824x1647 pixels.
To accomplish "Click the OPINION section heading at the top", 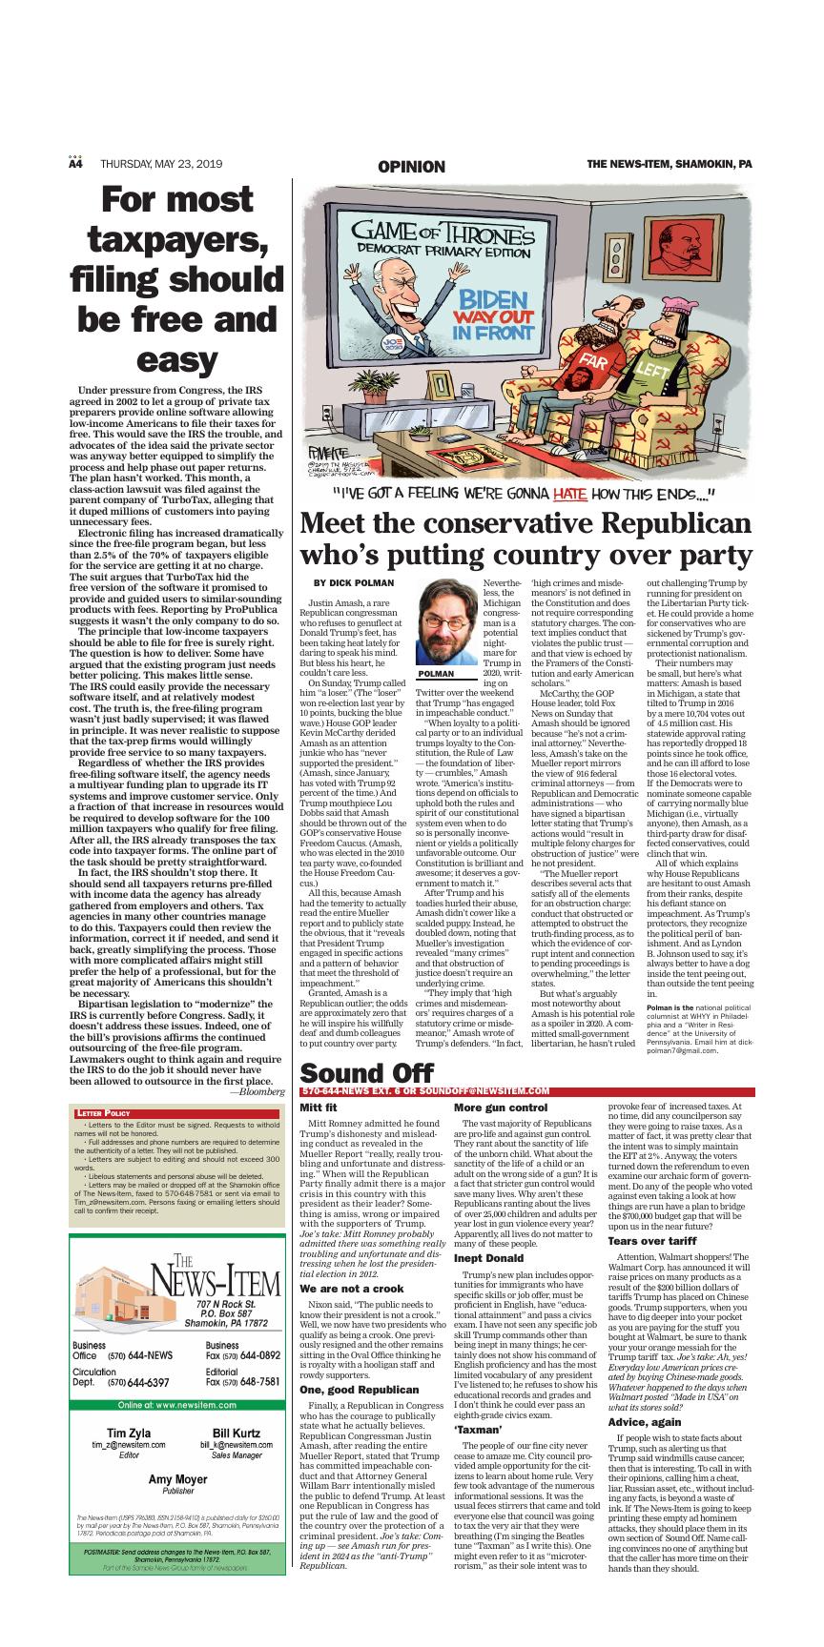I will pos(411,167).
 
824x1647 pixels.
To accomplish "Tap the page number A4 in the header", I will pos(75,165).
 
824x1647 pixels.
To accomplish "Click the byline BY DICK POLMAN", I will pos(354,582).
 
